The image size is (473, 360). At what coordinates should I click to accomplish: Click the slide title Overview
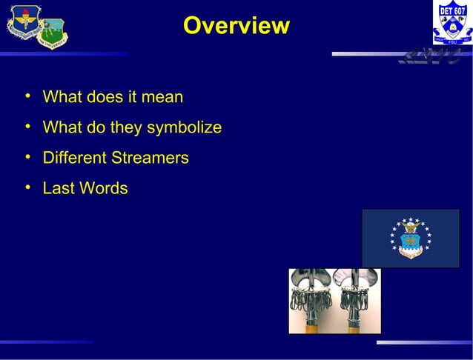[x=236, y=25]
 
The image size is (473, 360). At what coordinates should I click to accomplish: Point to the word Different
[x=75, y=158]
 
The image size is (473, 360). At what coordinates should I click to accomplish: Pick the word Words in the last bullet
[x=104, y=188]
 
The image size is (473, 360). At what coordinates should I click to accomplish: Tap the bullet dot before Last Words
[x=27, y=187]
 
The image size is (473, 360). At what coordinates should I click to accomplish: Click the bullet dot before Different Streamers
[x=27, y=156]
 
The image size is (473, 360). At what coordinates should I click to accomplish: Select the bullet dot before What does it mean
[x=27, y=96]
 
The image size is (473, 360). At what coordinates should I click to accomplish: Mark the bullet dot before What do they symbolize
[x=27, y=126]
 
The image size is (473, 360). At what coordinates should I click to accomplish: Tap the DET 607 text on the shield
[x=451, y=11]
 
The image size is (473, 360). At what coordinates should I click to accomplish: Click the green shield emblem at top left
[x=52, y=33]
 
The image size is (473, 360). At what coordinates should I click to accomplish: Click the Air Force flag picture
[x=410, y=238]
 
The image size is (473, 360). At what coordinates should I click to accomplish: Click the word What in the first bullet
[x=62, y=97]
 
